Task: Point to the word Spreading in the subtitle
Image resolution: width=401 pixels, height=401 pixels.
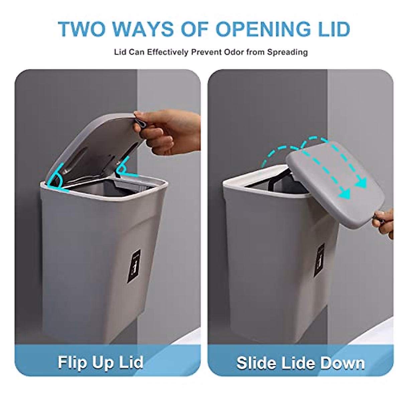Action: coord(287,52)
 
